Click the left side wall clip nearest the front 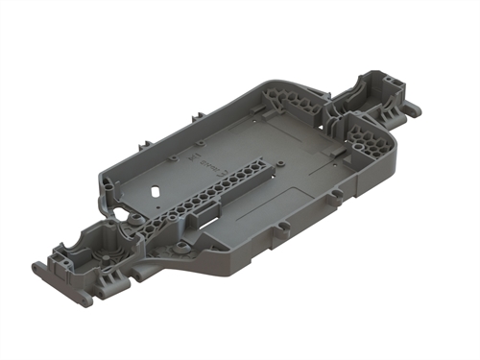[103, 176]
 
